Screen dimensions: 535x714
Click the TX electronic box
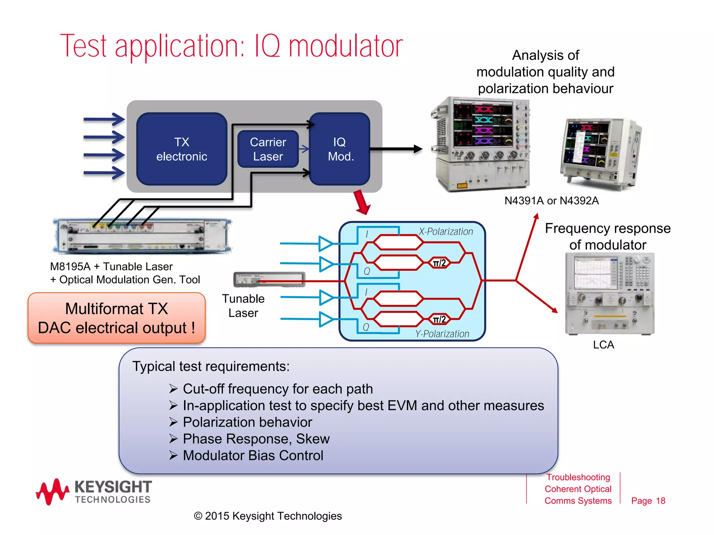tap(182, 149)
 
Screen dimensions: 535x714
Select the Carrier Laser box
tap(268, 149)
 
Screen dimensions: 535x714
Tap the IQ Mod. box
tap(340, 149)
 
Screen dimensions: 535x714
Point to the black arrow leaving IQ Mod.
tap(396, 149)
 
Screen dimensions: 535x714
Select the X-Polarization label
tap(446, 232)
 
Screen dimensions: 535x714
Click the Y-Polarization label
tap(442, 334)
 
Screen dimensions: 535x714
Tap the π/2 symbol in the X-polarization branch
tap(439, 263)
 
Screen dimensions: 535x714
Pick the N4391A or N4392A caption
tap(552, 201)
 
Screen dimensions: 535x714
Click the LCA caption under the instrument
tap(603, 345)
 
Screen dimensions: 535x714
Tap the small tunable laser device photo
tap(269, 279)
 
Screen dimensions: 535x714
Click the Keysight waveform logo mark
tap(52, 491)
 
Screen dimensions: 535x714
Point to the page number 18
tap(660, 501)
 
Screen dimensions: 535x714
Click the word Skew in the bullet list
tap(313, 439)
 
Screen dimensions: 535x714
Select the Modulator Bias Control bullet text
tap(253, 456)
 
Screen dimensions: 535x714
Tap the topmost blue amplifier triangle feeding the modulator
tap(326, 243)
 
